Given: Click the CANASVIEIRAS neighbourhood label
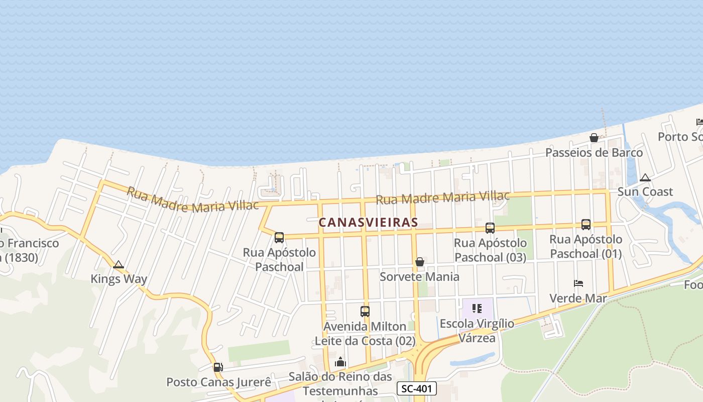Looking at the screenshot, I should click(x=369, y=222).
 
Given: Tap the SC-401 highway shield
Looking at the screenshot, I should click(x=417, y=388).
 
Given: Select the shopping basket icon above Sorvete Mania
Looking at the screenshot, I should click(x=420, y=262).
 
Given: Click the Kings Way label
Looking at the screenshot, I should click(x=119, y=279).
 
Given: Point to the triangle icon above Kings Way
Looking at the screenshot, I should click(x=119, y=265).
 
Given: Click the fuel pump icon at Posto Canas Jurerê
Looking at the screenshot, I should click(x=218, y=367).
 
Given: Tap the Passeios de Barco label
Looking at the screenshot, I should click(x=594, y=152).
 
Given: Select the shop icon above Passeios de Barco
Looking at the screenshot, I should click(x=594, y=138).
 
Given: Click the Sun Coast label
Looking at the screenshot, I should click(x=645, y=191).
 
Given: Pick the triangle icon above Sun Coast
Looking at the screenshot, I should click(x=645, y=177).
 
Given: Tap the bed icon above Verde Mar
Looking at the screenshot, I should click(x=578, y=283).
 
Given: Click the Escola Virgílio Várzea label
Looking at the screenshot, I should click(x=477, y=330).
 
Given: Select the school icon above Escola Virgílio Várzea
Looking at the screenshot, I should click(x=477, y=308).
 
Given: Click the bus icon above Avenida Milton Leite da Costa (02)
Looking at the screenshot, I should click(x=365, y=312).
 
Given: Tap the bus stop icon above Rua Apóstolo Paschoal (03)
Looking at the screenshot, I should click(x=490, y=228).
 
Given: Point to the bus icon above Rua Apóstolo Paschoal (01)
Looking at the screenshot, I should click(x=586, y=225).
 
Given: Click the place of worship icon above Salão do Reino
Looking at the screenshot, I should click(x=340, y=362).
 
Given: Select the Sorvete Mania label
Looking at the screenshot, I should click(x=419, y=276).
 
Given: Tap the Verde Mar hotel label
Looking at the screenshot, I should click(x=578, y=298).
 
